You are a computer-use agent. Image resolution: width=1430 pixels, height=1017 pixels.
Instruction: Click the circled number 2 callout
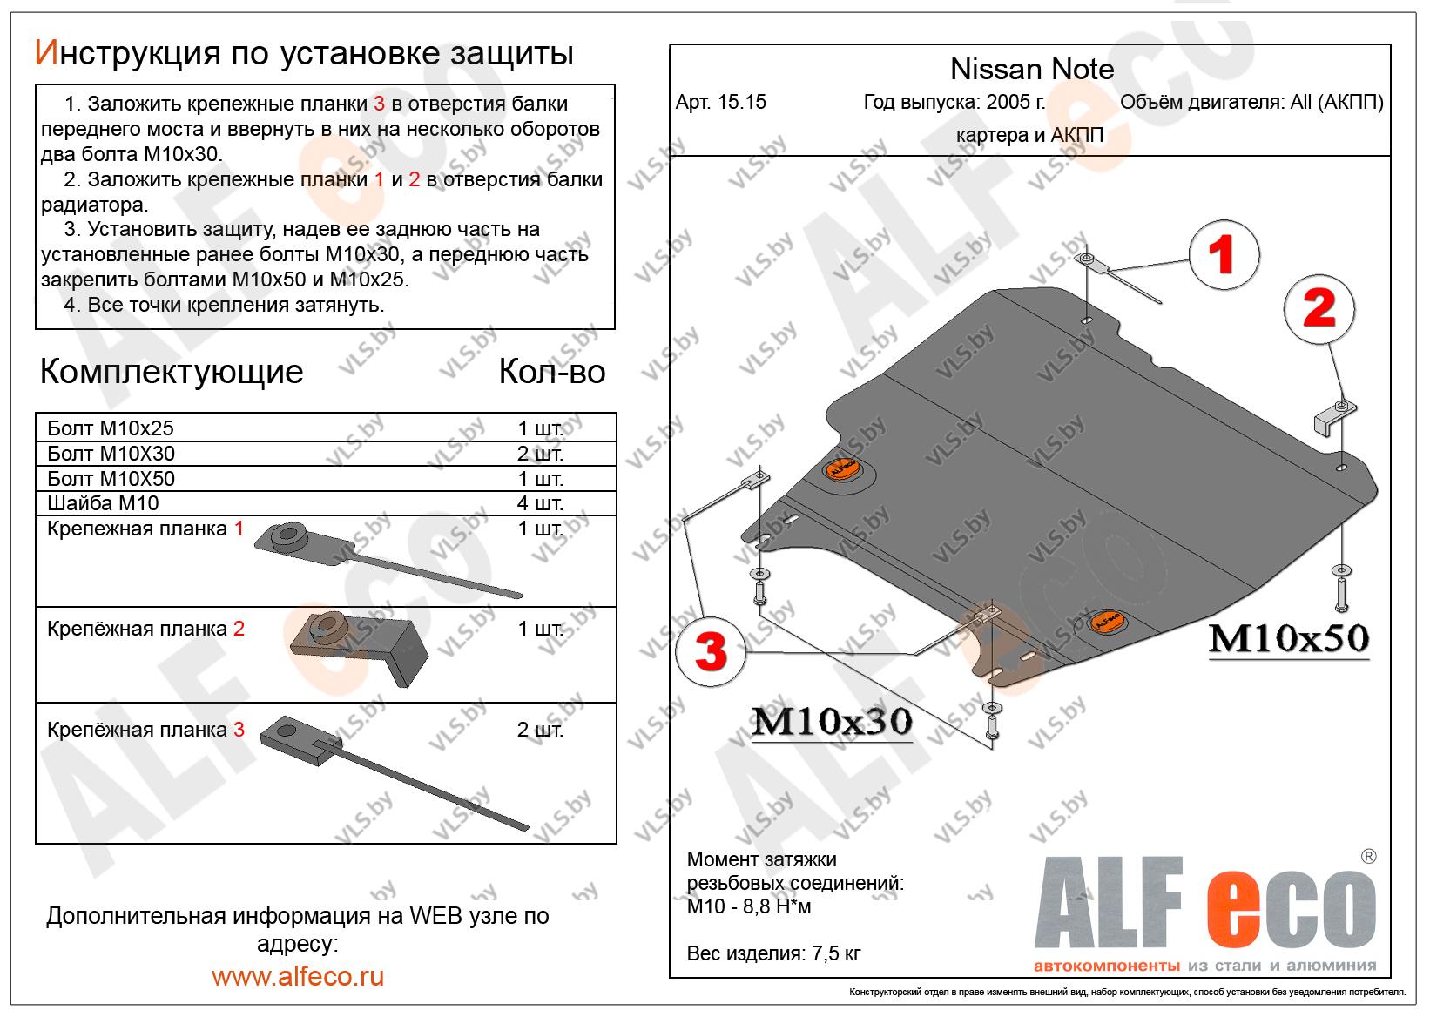click(x=1319, y=310)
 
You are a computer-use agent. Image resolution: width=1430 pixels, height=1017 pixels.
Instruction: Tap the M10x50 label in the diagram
click(x=1288, y=640)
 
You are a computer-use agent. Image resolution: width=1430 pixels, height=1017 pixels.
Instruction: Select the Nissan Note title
click(x=1031, y=69)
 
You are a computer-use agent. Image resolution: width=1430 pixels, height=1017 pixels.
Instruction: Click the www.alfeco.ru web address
click(x=298, y=976)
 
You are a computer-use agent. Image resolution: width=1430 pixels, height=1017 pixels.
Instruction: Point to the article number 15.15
click(x=721, y=102)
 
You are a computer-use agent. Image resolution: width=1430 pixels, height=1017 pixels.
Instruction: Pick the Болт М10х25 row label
click(x=111, y=428)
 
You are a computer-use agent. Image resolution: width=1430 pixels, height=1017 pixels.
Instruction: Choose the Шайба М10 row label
click(x=103, y=503)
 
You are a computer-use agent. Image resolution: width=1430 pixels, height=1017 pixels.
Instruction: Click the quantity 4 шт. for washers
click(x=540, y=503)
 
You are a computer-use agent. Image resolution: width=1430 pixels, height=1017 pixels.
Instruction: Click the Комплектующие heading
click(x=172, y=372)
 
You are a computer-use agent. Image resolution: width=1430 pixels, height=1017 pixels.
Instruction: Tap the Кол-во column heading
click(x=551, y=372)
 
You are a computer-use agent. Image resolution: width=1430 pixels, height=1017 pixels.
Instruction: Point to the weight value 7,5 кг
click(x=832, y=953)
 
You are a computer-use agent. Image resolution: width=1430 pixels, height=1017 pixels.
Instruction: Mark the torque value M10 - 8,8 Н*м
click(x=749, y=907)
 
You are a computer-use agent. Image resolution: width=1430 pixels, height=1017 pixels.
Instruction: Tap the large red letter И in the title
click(x=45, y=54)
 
